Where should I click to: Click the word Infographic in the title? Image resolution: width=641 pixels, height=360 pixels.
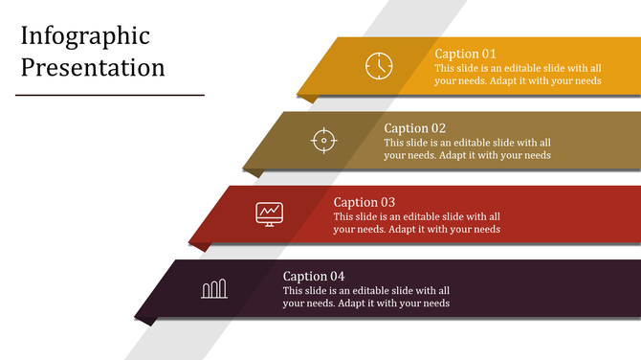coord(85,37)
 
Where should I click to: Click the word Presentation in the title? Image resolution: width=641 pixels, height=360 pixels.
coord(93,68)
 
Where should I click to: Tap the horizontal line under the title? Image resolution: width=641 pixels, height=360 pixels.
coord(110,95)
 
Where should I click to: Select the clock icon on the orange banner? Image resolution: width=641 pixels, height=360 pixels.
coord(379,65)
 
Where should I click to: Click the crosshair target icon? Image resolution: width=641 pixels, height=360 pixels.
coord(324,141)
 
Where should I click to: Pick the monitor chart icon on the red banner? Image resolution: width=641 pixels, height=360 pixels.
coord(270,214)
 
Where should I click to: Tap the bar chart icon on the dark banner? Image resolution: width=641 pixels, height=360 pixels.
coord(214,288)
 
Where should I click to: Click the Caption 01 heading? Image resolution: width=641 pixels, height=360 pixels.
coord(466,54)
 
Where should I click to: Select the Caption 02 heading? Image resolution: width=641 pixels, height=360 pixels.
coord(415,128)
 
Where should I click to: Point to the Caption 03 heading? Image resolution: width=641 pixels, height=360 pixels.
coord(365,202)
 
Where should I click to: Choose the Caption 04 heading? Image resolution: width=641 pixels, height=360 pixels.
coord(314,277)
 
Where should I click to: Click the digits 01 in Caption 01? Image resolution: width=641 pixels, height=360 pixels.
coord(488,54)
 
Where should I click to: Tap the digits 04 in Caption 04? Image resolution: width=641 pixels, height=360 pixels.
coord(336,277)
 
